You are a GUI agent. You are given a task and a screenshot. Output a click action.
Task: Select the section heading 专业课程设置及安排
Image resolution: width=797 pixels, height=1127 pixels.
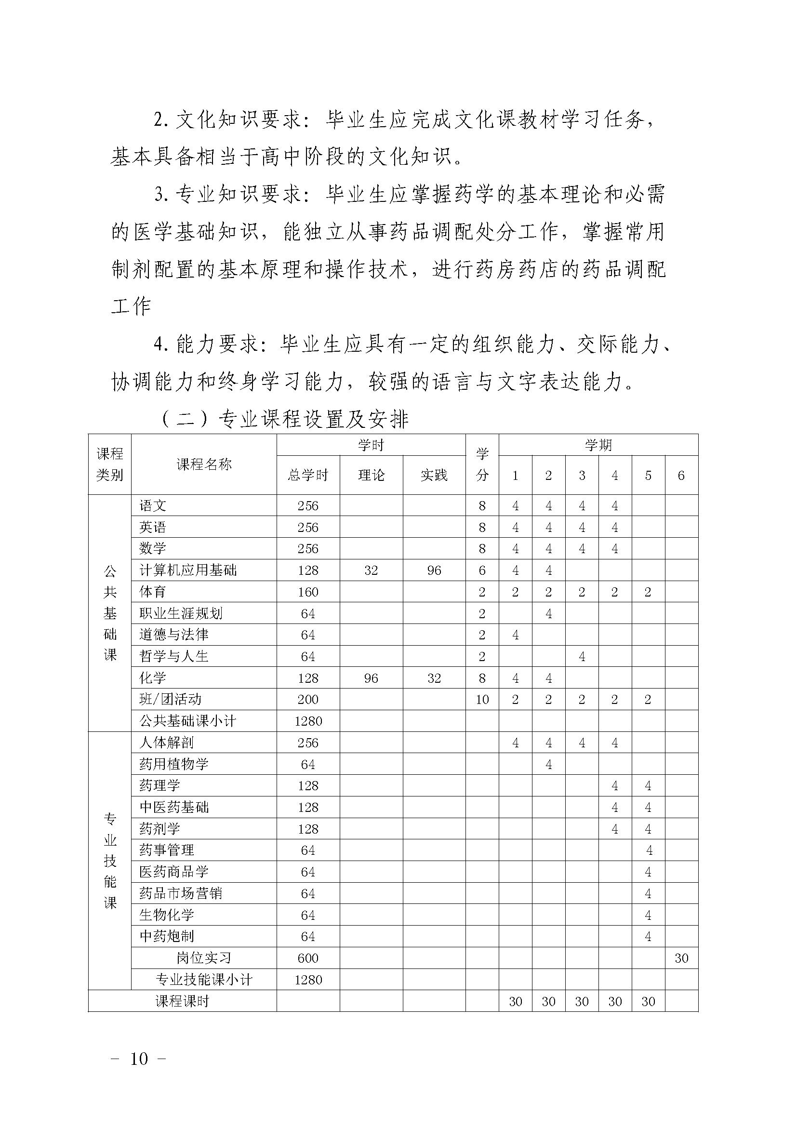click(313, 420)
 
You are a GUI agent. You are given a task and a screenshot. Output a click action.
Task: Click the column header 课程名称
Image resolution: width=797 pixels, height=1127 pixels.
click(204, 464)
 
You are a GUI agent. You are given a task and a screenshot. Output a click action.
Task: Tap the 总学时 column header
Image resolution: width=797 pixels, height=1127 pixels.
click(308, 475)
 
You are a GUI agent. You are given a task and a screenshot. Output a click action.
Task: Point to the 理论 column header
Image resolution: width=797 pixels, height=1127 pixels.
click(371, 475)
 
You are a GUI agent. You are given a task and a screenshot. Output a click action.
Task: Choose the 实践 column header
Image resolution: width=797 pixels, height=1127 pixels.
click(434, 475)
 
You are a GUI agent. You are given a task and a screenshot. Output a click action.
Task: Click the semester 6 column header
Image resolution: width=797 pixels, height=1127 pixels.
click(681, 475)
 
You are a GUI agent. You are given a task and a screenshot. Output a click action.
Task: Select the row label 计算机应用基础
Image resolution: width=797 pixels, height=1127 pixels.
click(188, 570)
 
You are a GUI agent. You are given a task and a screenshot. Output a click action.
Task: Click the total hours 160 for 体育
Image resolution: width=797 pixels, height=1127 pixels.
click(308, 592)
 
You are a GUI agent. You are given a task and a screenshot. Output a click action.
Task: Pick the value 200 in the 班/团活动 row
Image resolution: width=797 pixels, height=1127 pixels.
click(308, 700)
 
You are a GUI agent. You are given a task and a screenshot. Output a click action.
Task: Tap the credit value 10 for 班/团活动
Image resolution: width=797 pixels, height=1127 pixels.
click(482, 700)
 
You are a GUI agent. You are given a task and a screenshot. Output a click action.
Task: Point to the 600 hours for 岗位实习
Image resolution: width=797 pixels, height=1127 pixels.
click(308, 958)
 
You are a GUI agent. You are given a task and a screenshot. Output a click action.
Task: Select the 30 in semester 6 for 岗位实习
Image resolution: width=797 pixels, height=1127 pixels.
click(681, 958)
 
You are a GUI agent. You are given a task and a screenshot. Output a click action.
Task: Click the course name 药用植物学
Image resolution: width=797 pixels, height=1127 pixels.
click(174, 764)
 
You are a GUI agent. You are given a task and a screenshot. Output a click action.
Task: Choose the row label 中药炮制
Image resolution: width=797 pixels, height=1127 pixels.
click(167, 936)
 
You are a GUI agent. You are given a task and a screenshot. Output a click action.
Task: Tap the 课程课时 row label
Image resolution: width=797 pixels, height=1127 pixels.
click(182, 1001)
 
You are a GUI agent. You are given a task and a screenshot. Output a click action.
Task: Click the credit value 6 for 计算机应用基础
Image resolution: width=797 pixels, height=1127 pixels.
click(482, 570)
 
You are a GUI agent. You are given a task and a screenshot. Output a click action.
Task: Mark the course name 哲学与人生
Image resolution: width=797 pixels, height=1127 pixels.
click(174, 656)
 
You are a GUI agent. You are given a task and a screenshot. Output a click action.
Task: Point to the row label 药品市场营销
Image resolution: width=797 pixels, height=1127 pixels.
click(181, 893)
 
